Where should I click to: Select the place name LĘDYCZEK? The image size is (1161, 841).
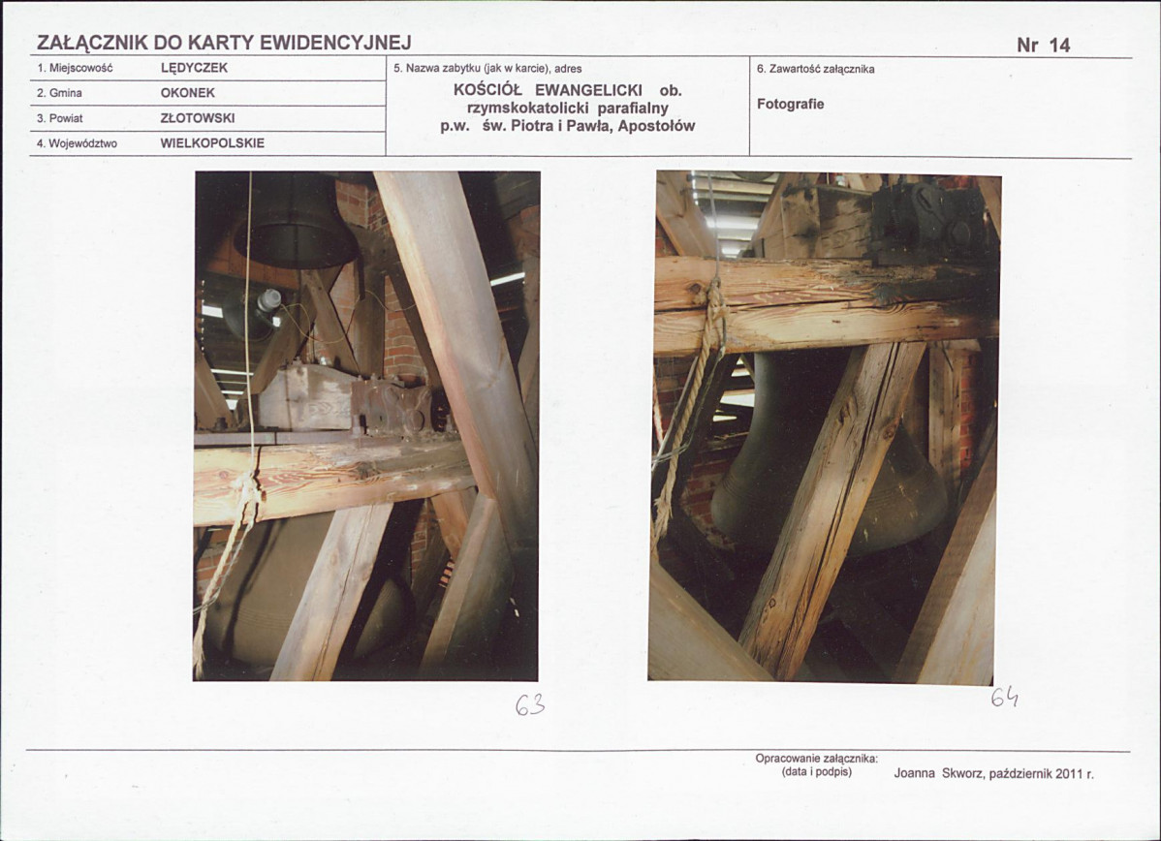[194, 68]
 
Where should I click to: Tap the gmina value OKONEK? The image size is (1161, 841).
[187, 93]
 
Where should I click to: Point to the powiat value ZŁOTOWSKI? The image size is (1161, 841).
[198, 118]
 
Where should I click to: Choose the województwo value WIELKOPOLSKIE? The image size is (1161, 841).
[212, 143]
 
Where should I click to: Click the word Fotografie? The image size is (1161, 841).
[790, 105]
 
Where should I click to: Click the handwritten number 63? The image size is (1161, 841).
[530, 706]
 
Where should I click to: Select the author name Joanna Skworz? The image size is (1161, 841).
[939, 773]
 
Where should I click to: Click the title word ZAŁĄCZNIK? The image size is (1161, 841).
[93, 44]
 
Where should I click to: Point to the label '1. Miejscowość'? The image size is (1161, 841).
[74, 69]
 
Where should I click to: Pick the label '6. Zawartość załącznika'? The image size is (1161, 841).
[815, 70]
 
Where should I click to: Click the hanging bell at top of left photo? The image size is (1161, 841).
[297, 222]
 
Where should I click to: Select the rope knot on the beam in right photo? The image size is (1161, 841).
[714, 311]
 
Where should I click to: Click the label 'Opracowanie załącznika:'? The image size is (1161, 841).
[817, 759]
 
